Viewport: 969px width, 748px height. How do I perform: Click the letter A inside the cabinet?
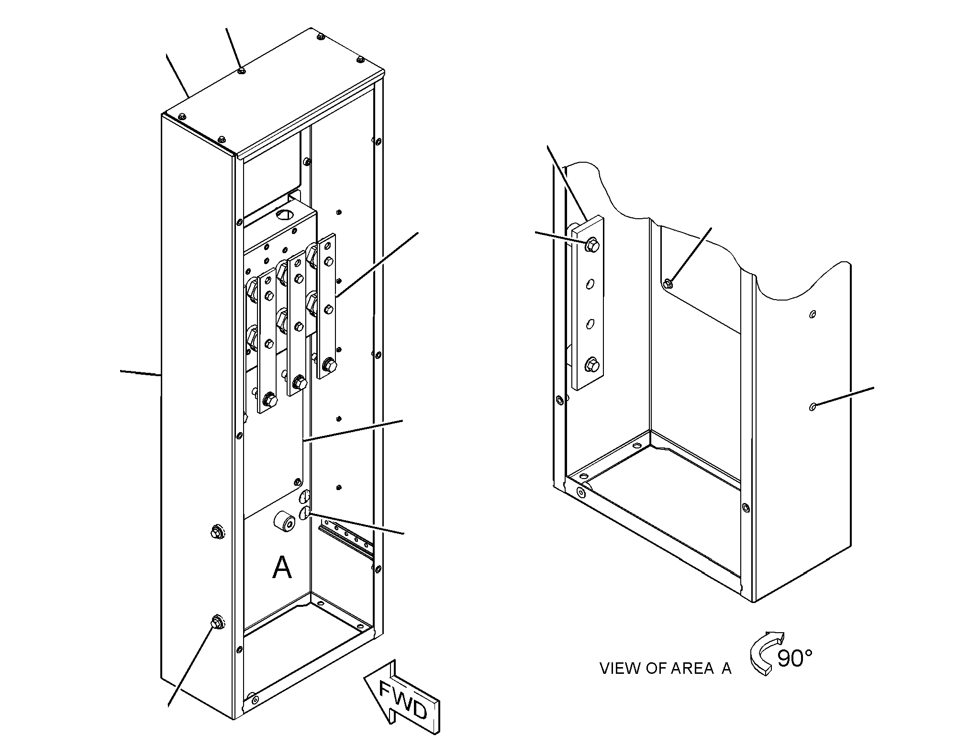coord(282,568)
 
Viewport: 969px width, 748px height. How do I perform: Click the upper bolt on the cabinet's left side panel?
coord(216,531)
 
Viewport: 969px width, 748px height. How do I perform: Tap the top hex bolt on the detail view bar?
coord(592,245)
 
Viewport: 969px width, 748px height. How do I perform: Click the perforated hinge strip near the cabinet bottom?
coord(345,539)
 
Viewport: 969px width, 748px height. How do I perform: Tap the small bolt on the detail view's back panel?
coord(669,283)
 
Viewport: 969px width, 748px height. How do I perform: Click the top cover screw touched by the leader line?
coord(242,71)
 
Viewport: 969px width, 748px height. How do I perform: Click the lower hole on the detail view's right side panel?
coord(812,407)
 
